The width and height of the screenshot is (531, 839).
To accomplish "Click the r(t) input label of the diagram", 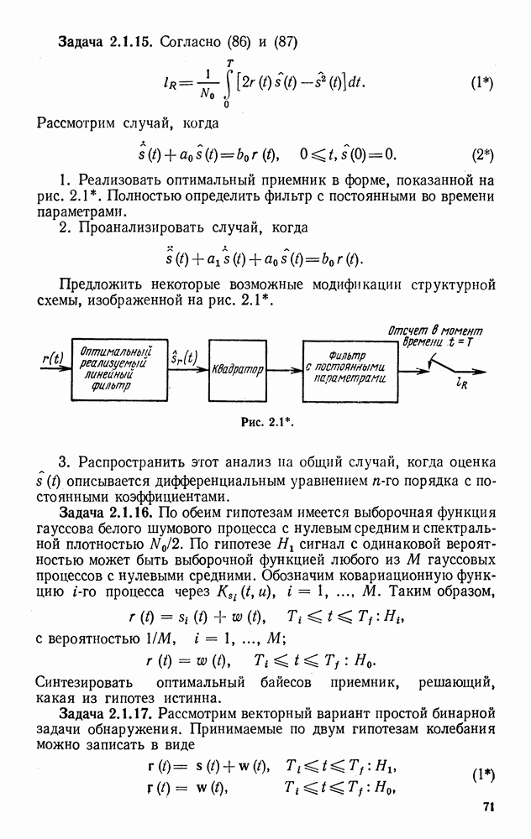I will coord(52,357).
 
